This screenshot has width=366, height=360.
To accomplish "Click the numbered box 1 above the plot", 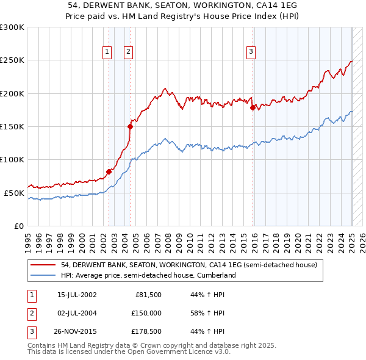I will (107, 52).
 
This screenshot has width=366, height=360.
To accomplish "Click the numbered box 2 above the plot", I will (129, 52).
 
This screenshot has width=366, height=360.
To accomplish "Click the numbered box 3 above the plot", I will (251, 52).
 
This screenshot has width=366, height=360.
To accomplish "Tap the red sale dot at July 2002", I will (109, 171).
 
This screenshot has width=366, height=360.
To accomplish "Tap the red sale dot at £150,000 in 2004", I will (130, 126).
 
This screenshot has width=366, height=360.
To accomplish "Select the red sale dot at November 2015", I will (253, 107).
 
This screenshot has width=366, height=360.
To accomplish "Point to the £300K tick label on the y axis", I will (12, 27).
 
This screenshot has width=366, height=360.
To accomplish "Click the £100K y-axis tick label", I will (12, 159).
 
